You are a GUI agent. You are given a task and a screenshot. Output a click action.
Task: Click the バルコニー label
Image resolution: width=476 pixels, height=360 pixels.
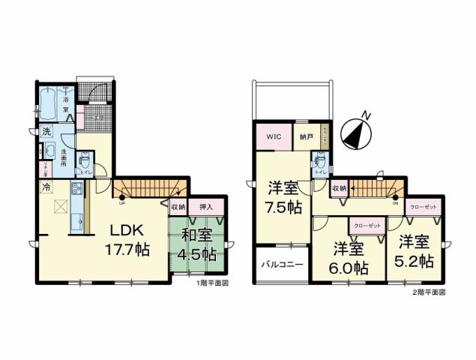[x=282, y=265]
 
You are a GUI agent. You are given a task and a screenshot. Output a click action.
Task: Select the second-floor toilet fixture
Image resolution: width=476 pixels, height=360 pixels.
[x=320, y=161]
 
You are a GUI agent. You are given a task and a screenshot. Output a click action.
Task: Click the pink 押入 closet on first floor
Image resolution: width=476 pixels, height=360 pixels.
[x=205, y=207]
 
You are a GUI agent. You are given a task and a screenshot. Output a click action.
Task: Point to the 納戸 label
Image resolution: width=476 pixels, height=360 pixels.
[x=306, y=138]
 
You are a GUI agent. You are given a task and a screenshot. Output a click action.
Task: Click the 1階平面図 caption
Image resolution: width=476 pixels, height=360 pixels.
[x=212, y=284]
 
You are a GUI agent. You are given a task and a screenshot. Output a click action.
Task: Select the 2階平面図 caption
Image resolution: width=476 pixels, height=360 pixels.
[x=429, y=292]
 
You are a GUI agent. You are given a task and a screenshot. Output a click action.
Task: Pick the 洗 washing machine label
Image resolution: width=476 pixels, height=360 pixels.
[x=45, y=132]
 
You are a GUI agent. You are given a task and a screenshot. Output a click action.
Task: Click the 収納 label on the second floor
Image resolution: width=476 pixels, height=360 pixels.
[x=340, y=189]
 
